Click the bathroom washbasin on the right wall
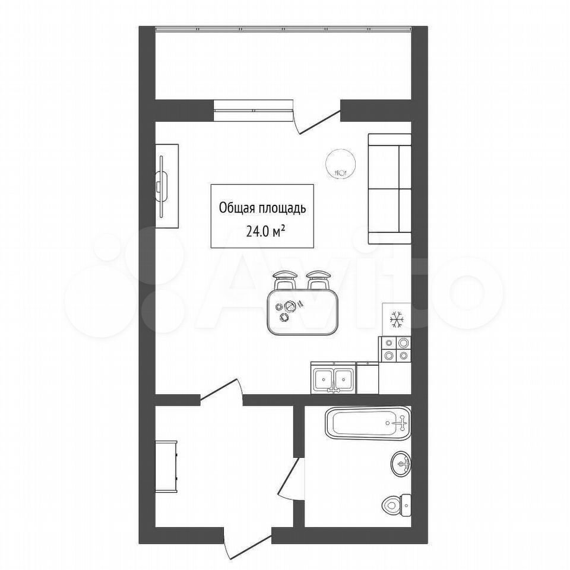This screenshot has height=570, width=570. [x=401, y=464]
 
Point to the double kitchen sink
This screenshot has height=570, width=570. [x=334, y=380]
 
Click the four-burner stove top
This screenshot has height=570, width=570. [x=395, y=349]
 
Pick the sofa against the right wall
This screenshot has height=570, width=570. [x=389, y=189]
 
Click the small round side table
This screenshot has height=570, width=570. [x=341, y=164]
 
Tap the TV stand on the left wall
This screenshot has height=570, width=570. [x=167, y=186]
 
